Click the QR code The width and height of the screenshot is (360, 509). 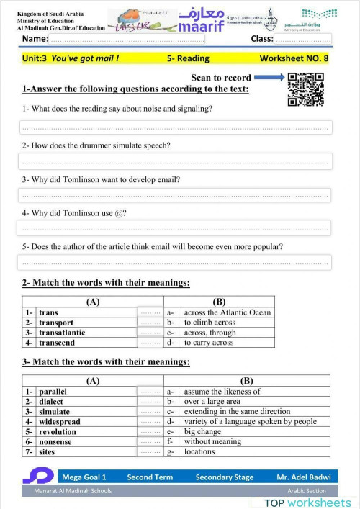click(305, 89)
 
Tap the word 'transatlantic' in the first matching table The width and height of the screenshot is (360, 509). click(62, 333)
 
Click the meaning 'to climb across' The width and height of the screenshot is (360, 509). click(209, 323)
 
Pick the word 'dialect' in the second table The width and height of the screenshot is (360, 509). click(51, 402)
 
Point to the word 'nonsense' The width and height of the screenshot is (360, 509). click(55, 442)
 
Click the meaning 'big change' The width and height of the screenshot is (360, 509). click(202, 432)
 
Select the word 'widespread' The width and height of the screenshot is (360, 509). click(60, 422)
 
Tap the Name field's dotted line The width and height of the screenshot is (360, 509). click(137, 40)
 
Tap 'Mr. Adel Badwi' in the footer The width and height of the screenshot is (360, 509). click(302, 477)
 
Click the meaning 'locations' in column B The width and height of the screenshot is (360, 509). click(199, 452)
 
